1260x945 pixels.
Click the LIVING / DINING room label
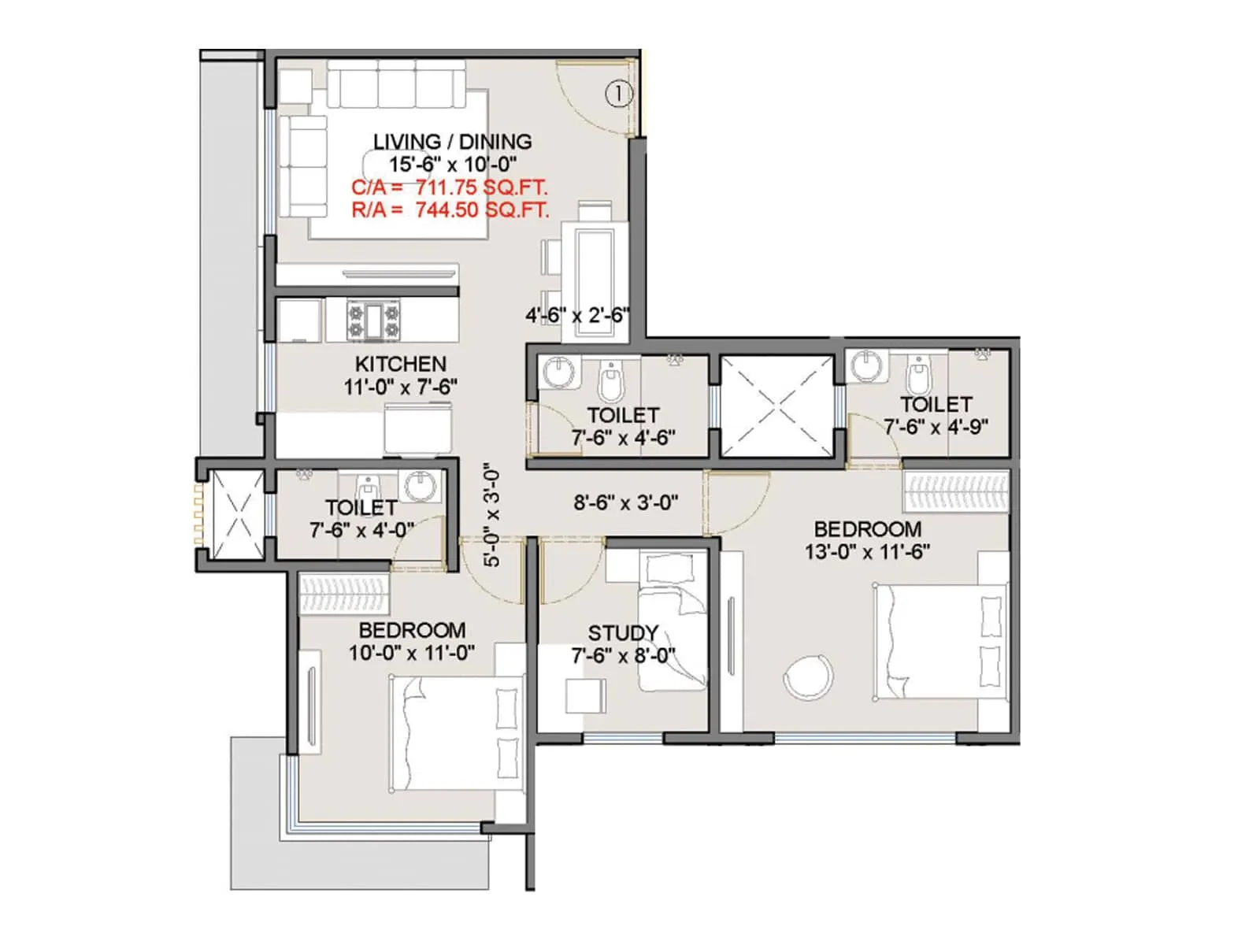(x=452, y=142)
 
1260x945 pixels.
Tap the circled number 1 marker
(x=619, y=94)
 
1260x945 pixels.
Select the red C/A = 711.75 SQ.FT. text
(x=449, y=188)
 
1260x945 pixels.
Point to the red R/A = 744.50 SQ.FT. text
(x=450, y=210)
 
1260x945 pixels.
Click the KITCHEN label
(x=400, y=364)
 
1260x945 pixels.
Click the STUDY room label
(x=622, y=633)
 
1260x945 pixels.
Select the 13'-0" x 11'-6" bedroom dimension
(x=867, y=552)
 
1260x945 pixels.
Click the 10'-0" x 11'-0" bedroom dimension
(x=412, y=653)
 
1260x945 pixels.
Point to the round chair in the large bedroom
(x=808, y=676)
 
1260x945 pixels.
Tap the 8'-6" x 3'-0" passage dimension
(x=626, y=502)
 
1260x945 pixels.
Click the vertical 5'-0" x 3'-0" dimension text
(x=491, y=515)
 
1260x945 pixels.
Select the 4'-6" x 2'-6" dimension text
(x=577, y=316)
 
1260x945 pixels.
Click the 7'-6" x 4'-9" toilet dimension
(x=936, y=427)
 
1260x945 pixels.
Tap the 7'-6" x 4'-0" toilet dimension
(x=361, y=530)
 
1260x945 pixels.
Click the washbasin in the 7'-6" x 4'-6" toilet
(x=560, y=372)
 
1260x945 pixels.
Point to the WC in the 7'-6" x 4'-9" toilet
(x=917, y=376)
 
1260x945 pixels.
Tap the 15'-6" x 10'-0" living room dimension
(x=453, y=165)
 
